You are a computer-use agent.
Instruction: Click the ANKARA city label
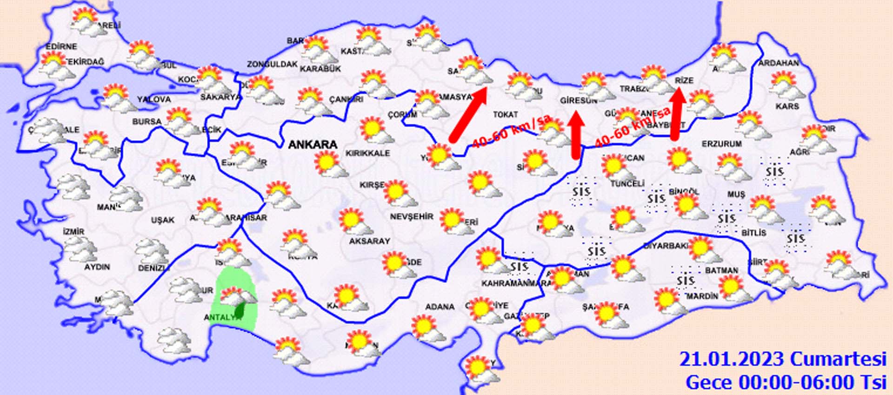[313, 145]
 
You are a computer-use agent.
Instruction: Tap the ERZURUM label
[721, 144]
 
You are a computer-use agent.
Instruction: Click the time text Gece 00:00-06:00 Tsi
[786, 382]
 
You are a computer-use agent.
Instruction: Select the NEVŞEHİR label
[411, 217]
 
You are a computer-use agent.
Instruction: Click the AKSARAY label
[369, 241]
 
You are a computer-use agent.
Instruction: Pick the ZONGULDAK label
[272, 64]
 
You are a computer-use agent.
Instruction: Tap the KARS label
[787, 107]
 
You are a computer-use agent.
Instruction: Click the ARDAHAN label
[779, 63]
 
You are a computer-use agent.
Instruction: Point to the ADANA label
[440, 307]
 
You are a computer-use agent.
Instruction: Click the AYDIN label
[97, 267]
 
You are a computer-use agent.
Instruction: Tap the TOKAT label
[505, 114]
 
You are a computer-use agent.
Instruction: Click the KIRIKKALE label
[367, 154]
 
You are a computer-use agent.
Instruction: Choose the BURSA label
[147, 122]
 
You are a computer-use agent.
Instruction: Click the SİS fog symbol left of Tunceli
[581, 191]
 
